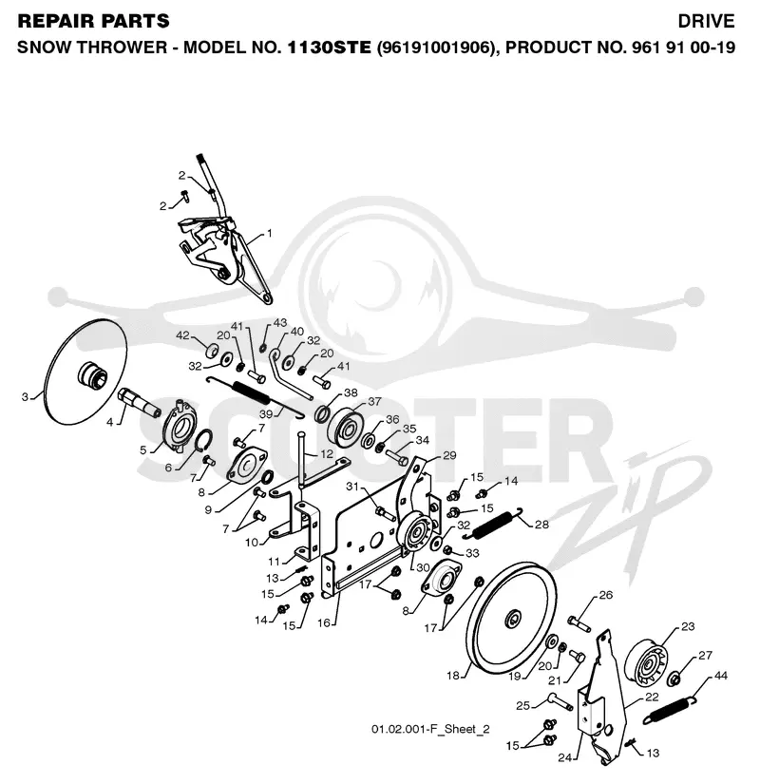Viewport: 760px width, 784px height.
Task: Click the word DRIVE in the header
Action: pyautogui.click(x=706, y=21)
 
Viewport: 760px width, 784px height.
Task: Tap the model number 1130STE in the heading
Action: pyautogui.click(x=329, y=48)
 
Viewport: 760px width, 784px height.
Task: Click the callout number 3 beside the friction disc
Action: pyautogui.click(x=25, y=397)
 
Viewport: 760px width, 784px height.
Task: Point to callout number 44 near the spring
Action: pyautogui.click(x=720, y=676)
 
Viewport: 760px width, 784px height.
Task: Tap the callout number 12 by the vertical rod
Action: pyautogui.click(x=327, y=454)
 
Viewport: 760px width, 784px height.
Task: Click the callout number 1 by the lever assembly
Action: pyautogui.click(x=270, y=233)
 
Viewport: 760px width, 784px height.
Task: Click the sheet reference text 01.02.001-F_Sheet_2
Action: pyautogui.click(x=430, y=729)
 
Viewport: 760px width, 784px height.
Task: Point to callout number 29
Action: pyautogui.click(x=449, y=455)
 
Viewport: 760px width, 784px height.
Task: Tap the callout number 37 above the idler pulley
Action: pyautogui.click(x=374, y=401)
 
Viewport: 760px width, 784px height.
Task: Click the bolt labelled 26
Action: pyautogui.click(x=579, y=623)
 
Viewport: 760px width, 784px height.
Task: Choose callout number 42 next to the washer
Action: pyautogui.click(x=182, y=335)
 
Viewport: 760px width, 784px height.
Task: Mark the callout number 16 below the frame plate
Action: pyautogui.click(x=324, y=623)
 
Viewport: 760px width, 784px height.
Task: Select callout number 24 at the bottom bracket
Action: pyautogui.click(x=564, y=757)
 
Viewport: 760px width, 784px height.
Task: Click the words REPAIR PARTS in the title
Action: pyautogui.click(x=93, y=21)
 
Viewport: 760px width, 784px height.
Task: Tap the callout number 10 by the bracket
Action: pyautogui.click(x=252, y=542)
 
